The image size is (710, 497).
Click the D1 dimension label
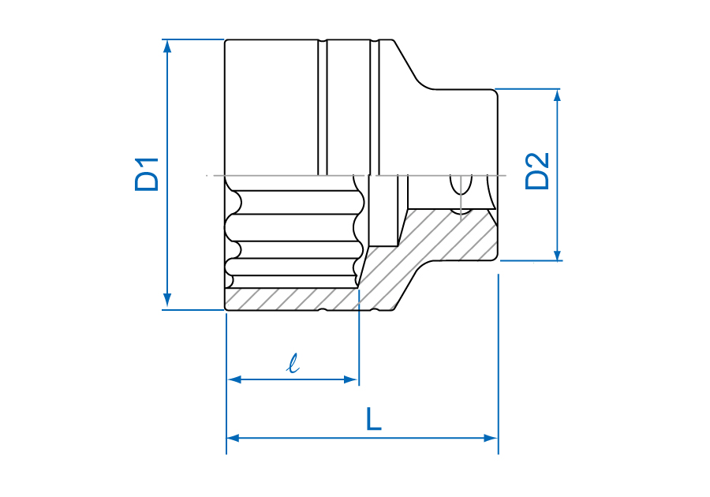147,174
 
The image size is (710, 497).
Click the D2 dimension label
537,171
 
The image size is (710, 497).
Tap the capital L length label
374,419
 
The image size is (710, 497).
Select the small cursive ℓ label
294,364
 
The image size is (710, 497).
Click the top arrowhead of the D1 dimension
167,47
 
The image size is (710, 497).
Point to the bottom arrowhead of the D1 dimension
167,300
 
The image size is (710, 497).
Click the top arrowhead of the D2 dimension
558,95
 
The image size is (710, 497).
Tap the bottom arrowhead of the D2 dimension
558,255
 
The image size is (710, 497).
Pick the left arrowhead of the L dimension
234,438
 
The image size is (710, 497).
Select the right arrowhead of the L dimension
491,438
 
